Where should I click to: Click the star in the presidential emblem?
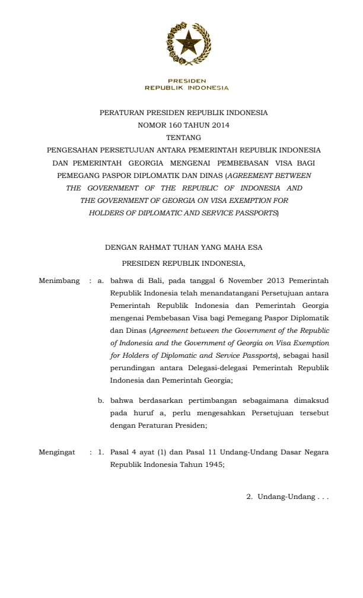(181, 41)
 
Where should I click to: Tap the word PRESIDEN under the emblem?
(186, 81)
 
